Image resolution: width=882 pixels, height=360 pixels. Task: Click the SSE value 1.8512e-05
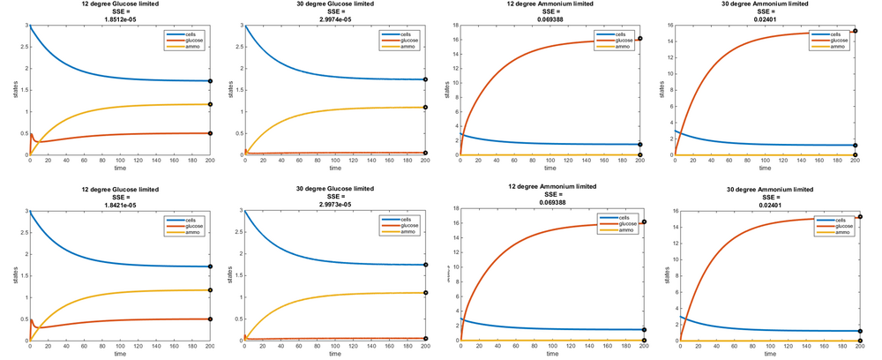(118, 20)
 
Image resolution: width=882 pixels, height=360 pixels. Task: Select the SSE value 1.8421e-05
(118, 206)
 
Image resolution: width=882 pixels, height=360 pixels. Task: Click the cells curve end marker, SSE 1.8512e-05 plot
(210, 81)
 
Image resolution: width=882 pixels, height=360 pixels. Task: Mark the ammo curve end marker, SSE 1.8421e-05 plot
(210, 290)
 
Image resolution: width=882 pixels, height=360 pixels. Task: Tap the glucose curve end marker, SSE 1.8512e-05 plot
(210, 133)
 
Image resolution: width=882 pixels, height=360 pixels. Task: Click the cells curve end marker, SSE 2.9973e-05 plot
(425, 265)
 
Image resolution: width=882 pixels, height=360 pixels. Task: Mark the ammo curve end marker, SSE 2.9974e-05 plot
(425, 108)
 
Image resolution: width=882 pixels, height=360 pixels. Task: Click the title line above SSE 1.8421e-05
(118, 190)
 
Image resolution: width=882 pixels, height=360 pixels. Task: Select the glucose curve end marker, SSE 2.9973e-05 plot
(425, 338)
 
